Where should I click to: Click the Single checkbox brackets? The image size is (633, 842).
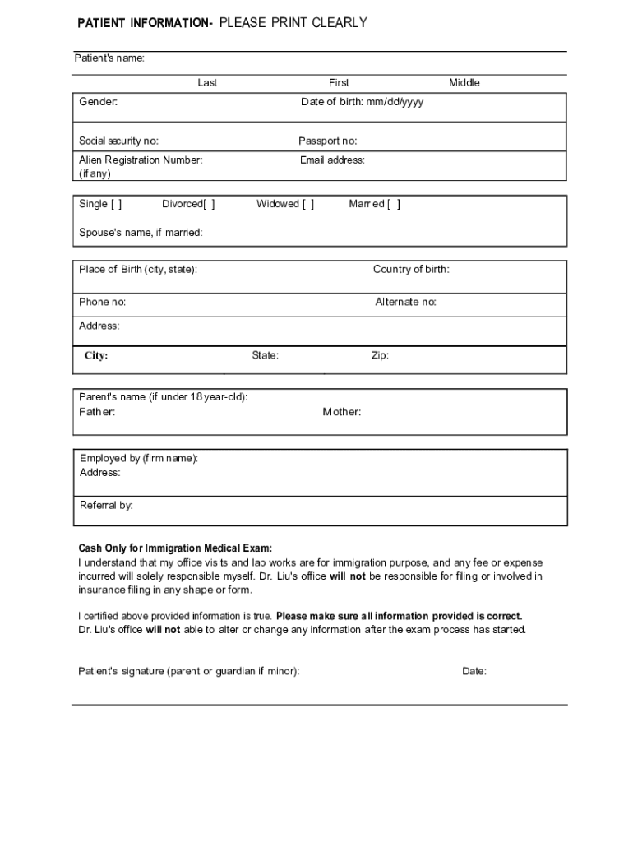pos(116,204)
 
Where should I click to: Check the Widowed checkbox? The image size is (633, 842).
pos(307,204)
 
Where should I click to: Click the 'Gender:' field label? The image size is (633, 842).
pos(99,102)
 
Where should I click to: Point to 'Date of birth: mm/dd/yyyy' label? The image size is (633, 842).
pos(362,102)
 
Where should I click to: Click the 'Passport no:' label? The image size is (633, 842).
pos(327,141)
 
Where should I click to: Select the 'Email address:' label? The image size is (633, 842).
pos(332,160)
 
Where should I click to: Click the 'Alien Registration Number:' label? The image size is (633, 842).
pos(141,160)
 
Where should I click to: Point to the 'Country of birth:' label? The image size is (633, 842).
pos(411,270)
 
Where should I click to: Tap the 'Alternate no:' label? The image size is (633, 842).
pos(405,302)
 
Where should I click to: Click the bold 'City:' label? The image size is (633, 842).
pos(96,356)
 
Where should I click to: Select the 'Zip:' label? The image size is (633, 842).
pos(380,356)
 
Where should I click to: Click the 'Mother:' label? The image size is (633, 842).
pos(341,412)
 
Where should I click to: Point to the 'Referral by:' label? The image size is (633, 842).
pos(106,505)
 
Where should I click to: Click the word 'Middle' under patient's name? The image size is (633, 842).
pos(464,82)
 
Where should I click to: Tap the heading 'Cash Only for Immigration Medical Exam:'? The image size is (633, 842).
pos(175,548)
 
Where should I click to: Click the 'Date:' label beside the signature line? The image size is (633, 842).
pos(474,671)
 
